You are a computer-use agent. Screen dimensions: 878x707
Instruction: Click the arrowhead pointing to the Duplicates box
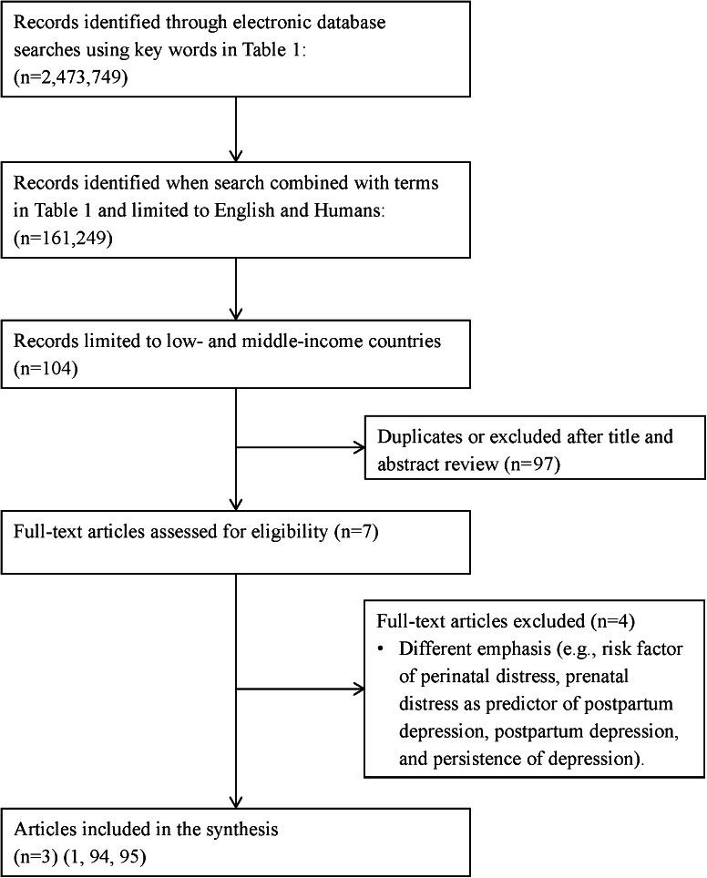click(x=359, y=449)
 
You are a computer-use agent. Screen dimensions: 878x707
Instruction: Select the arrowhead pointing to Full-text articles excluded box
click(x=359, y=689)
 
